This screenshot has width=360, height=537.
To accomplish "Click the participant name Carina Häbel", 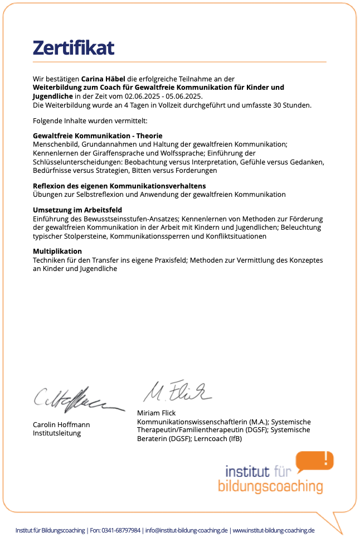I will tap(104, 80).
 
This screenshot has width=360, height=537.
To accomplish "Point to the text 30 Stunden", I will tap(292, 104).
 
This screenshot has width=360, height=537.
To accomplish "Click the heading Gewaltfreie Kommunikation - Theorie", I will tap(98, 136).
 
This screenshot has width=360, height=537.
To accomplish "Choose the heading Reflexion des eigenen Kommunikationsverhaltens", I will tap(119, 186).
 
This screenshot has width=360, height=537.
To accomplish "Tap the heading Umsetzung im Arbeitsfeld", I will tap(77, 210).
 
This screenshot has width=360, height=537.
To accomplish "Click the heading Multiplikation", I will tap(57, 251).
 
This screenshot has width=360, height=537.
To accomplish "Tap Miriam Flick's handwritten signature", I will tap(177, 390).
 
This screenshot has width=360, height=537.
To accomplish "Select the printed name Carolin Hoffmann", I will tap(61, 425).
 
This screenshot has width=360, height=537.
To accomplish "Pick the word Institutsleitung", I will tap(57, 433).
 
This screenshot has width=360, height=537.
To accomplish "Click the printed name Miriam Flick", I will tap(156, 413).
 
